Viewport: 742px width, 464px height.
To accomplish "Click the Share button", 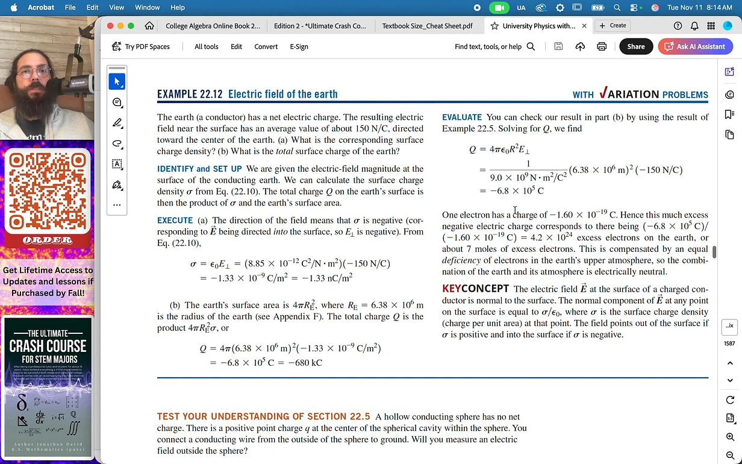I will tap(635, 46).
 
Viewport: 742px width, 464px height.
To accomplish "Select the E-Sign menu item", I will tap(299, 46).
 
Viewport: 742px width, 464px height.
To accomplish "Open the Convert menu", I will tap(266, 46).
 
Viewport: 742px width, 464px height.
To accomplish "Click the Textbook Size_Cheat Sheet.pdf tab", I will tap(427, 26).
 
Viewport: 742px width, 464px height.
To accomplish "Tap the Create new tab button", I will tap(613, 25).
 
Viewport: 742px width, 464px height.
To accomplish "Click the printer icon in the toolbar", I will tap(601, 46).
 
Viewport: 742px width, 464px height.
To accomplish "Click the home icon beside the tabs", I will tap(149, 26).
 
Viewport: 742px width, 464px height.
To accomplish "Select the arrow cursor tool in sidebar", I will tap(117, 81).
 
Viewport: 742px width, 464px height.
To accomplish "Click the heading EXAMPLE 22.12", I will tap(190, 94).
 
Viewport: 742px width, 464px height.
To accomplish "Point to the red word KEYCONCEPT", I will tap(475, 289).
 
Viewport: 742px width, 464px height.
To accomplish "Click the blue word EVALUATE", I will tap(462, 117).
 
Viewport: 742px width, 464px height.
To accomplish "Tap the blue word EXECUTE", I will tap(175, 221).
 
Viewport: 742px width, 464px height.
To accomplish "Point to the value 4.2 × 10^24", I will tap(550, 237).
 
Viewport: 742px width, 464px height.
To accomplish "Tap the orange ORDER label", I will tap(48, 240).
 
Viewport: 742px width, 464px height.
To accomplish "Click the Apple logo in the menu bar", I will tap(14, 7).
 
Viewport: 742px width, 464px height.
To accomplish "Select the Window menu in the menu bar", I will tap(147, 7).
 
